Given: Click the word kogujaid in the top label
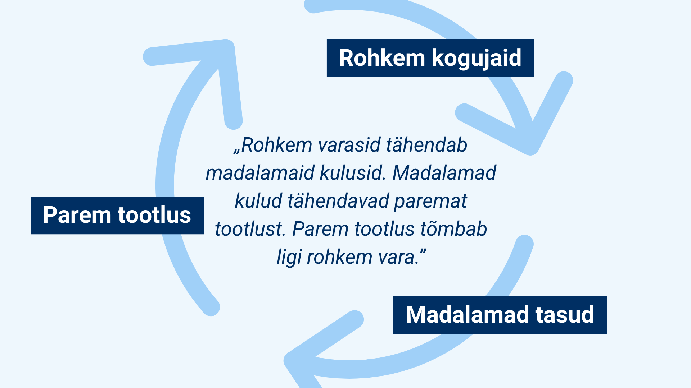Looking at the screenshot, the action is point(476,58).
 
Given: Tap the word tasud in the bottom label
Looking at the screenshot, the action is point(564,315).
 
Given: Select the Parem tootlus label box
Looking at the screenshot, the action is point(117,216).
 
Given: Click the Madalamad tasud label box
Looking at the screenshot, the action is point(500,315).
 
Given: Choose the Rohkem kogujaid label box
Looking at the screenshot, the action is point(430,57).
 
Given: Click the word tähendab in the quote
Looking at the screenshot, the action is point(426,145).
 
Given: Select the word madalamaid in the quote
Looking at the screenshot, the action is point(260,173).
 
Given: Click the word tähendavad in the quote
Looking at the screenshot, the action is point(338,201).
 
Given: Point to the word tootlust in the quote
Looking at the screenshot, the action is point(250,229).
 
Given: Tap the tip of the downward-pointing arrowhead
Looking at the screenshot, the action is point(531,150).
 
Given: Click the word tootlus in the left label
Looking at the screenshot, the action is point(154,215).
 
